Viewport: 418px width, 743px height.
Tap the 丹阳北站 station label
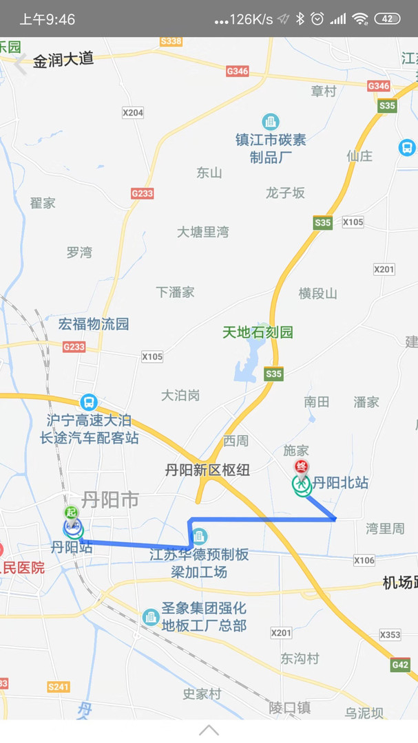click(x=340, y=483)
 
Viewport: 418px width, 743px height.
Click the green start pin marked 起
click(x=71, y=513)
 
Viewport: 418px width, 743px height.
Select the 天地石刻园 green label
click(x=258, y=332)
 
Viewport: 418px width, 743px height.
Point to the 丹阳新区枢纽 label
click(x=207, y=471)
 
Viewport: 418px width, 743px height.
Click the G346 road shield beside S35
click(x=378, y=86)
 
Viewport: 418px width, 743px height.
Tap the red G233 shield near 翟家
click(x=142, y=193)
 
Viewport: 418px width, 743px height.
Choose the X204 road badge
click(x=132, y=112)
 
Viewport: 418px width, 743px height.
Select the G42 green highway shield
click(x=400, y=665)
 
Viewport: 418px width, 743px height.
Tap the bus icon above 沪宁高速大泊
click(x=88, y=402)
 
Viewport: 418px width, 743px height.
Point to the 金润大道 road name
click(x=63, y=60)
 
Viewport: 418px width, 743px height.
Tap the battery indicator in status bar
click(x=387, y=19)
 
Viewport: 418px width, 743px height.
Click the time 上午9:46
click(x=47, y=19)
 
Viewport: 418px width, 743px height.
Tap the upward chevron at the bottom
click(x=209, y=730)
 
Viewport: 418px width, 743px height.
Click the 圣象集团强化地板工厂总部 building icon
click(x=151, y=617)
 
